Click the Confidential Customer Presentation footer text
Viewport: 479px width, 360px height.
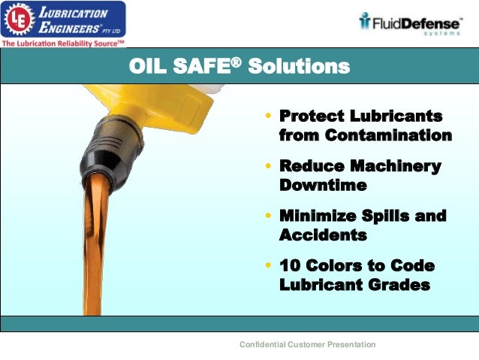(x=307, y=344)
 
